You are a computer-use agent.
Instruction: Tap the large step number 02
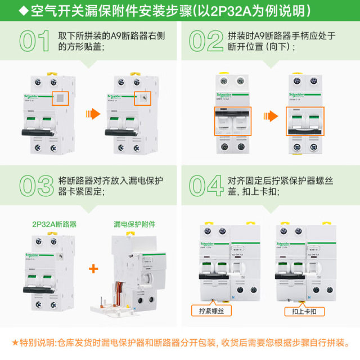pyautogui.click(x=207, y=42)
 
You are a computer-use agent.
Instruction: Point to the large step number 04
pyautogui.click(x=207, y=186)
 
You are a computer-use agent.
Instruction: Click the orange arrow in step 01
pyautogui.click(x=91, y=114)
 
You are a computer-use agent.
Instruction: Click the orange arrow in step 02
pyautogui.click(x=272, y=116)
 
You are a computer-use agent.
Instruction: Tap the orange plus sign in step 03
pyautogui.click(x=94, y=269)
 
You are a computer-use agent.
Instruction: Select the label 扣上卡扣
pyautogui.click(x=300, y=310)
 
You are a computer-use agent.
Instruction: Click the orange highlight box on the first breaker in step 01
pyautogui.click(x=60, y=98)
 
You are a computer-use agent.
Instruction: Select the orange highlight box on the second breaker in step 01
pyautogui.click(x=145, y=98)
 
